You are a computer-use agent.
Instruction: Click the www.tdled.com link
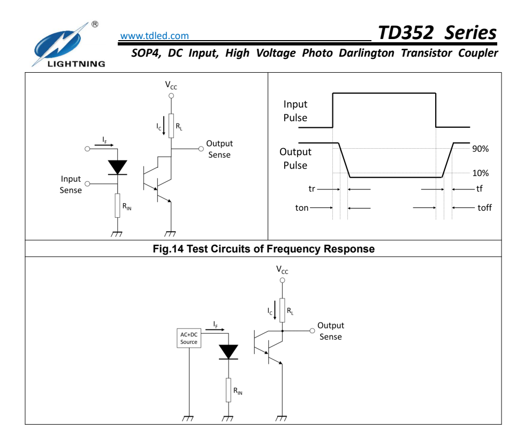[154, 36]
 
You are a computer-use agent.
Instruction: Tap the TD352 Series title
[437, 33]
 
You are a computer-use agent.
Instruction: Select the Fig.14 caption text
[263, 249]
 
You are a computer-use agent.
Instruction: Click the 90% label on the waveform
[480, 149]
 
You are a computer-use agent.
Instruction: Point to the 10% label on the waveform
[480, 173]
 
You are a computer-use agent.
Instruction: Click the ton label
[302, 208]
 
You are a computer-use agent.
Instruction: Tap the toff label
[484, 208]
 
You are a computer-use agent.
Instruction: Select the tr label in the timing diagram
[312, 189]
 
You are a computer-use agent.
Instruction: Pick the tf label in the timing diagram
[479, 189]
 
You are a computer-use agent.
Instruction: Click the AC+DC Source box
[189, 338]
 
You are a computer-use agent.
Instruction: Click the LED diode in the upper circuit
[117, 167]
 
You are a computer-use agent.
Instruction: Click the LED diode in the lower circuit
[229, 351]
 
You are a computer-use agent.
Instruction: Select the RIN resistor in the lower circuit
[229, 390]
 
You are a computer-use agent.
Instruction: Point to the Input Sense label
[71, 185]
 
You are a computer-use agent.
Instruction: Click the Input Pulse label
[295, 111]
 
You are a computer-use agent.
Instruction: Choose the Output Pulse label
[295, 158]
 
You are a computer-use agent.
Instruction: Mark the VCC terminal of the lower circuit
[282, 279]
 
